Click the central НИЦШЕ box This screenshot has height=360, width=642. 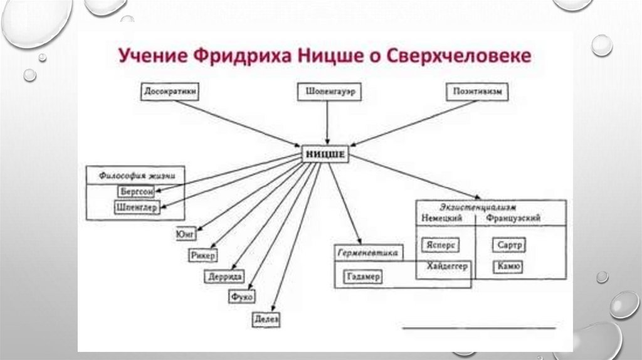324,154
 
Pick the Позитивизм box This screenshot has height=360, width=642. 477,92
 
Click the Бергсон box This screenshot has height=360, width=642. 135,191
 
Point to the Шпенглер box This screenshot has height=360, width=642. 137,207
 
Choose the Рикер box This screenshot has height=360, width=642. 203,255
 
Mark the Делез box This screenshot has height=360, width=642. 266,318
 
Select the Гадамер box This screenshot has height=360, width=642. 363,277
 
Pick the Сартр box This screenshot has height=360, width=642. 508,244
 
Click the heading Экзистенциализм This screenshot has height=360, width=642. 478,207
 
